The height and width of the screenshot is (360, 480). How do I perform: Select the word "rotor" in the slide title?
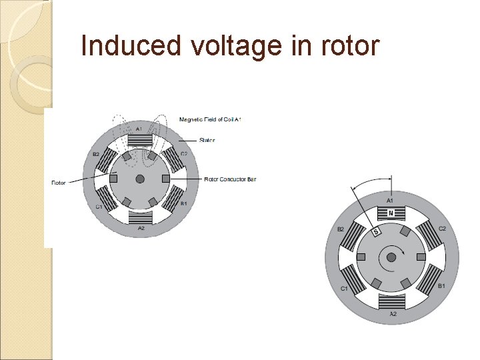point(348,45)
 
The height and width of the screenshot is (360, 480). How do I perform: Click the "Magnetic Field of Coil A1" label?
point(210,119)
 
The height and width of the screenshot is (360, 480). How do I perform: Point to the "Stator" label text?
point(207,140)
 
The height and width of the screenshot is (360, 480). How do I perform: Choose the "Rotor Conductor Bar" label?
point(230,179)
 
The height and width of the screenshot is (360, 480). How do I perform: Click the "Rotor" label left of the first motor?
point(59,182)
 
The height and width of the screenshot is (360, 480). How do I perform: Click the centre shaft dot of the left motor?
point(140,179)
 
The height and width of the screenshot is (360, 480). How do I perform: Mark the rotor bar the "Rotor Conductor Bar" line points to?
point(165,179)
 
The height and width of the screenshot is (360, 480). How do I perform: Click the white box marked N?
point(391,213)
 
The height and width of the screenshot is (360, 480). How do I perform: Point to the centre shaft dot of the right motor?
point(391,256)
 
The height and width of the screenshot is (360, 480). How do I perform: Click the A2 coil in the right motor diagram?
point(391,301)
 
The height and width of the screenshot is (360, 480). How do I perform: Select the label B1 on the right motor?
point(441,285)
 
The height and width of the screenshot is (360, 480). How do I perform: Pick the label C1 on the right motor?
point(344,289)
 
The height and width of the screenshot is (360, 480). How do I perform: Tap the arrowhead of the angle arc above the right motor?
point(389,179)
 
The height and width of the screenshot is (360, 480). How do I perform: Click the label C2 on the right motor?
point(441,229)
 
